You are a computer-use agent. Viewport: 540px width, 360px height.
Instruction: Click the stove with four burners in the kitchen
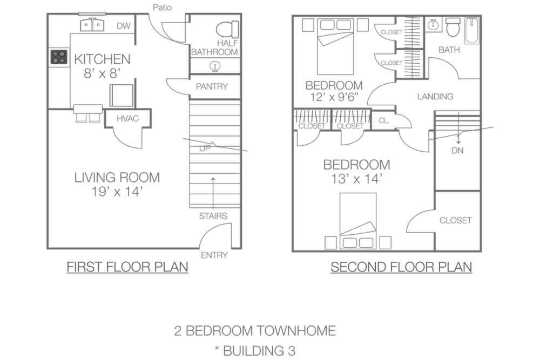[x=59, y=57]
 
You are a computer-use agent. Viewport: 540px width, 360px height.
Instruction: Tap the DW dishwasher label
[x=124, y=26]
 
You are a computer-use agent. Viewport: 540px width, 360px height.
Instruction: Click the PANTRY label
[x=212, y=86]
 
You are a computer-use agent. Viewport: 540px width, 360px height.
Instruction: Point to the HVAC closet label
[x=127, y=119]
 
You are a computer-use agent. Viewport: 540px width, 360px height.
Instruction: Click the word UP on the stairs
[x=205, y=148]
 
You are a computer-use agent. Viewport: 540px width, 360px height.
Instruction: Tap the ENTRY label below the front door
[x=214, y=255]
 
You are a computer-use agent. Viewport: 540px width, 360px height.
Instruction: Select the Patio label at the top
[x=162, y=8]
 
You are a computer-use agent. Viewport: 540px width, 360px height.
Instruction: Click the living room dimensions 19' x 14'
[x=117, y=192]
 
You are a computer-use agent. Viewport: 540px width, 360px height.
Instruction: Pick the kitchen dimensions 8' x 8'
[x=102, y=73]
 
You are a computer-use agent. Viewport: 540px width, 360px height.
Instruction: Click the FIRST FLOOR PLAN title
[x=127, y=267]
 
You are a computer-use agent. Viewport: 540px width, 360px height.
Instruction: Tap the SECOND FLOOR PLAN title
[x=401, y=267]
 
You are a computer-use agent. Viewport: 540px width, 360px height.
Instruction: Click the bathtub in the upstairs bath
[x=471, y=31]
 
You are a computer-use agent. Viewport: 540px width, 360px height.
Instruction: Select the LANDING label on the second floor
[x=435, y=97]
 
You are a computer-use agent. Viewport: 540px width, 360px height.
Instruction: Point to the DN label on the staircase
[x=457, y=151]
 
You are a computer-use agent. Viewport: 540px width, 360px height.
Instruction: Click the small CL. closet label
[x=384, y=121]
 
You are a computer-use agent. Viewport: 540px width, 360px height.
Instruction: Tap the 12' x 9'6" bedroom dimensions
[x=334, y=97]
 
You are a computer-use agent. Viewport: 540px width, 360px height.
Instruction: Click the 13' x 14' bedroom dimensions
[x=356, y=179]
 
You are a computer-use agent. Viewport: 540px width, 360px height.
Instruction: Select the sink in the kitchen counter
[x=92, y=25]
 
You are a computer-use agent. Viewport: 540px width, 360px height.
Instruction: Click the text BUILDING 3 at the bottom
[x=259, y=351]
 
